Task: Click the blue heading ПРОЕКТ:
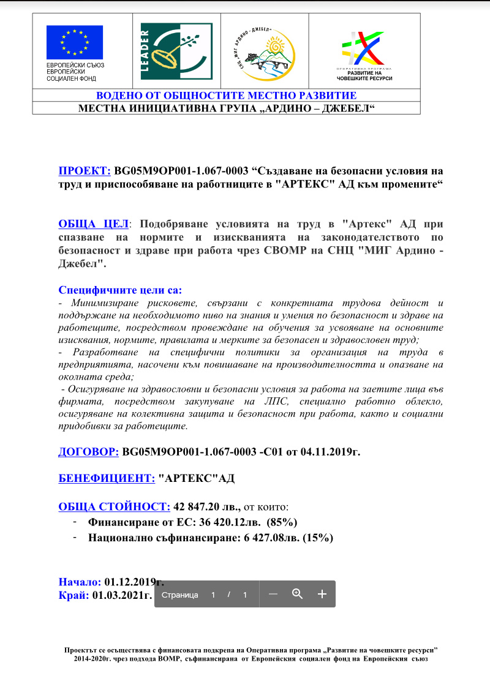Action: [85, 171]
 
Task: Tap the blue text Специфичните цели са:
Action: [120, 290]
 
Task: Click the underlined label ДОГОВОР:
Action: [89, 452]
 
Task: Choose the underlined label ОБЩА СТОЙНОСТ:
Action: [114, 506]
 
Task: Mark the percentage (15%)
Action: [317, 538]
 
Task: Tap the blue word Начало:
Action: [80, 581]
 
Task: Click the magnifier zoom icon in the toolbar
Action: [298, 594]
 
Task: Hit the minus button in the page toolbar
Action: [274, 594]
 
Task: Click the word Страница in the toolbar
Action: [179, 595]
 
